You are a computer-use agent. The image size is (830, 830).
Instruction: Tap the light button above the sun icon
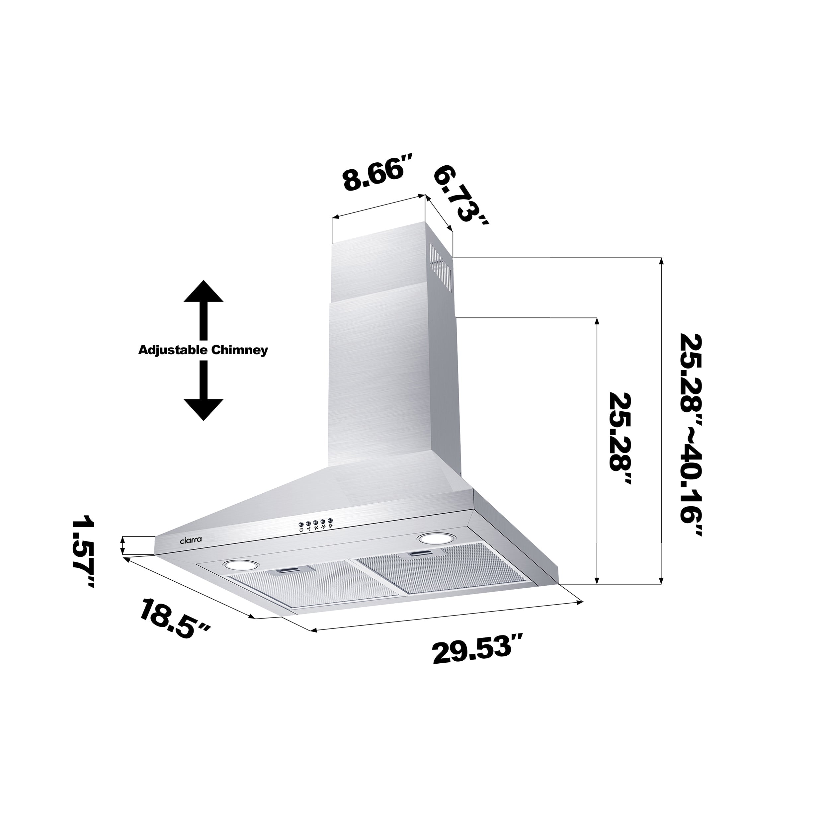pyautogui.click(x=329, y=520)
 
